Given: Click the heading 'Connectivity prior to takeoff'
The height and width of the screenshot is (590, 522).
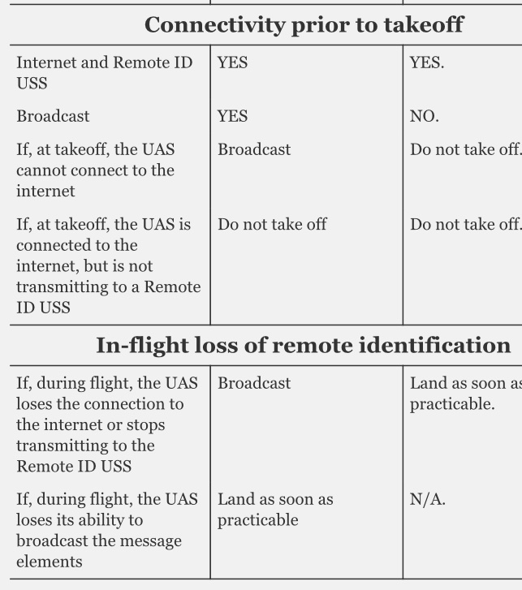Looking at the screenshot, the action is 304,25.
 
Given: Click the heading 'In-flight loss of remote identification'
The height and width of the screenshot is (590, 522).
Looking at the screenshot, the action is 304,346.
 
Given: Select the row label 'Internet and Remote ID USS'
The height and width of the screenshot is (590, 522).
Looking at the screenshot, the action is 104,72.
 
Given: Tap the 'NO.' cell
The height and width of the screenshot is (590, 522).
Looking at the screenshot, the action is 424,116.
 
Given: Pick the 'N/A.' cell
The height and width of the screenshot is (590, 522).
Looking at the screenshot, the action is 427,499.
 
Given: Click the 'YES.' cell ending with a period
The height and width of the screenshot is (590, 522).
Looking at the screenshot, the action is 427,62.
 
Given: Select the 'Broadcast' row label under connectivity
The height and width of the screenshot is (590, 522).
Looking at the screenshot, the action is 53,116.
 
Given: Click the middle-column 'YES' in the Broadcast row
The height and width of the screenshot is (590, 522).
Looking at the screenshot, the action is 232,116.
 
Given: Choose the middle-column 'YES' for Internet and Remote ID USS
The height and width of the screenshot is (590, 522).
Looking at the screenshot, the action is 232,62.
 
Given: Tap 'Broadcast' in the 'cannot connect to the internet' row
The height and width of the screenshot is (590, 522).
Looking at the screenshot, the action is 254,149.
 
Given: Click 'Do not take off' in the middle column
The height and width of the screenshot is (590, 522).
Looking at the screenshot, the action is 272,224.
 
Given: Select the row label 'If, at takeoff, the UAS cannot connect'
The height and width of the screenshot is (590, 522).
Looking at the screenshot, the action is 96,170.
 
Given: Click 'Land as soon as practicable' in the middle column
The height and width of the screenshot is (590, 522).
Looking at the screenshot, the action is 275,510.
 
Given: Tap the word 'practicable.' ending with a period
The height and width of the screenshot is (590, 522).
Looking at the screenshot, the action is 452,404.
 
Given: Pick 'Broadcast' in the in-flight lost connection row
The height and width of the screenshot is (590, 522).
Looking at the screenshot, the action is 254,383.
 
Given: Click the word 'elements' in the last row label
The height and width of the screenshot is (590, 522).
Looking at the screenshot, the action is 50,562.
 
